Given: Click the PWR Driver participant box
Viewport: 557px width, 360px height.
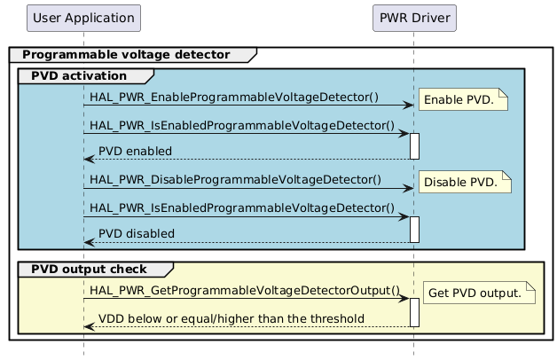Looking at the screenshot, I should pos(413,17).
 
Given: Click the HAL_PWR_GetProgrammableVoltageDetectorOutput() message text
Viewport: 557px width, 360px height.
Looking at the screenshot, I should pos(246,290).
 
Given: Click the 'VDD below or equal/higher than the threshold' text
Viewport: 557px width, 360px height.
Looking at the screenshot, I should pos(231,318).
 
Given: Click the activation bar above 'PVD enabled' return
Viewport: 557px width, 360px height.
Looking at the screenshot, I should pos(414,146).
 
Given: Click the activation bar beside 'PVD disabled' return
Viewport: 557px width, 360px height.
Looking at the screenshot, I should pos(414,229).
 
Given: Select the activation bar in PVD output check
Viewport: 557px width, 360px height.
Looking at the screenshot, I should pos(414,312).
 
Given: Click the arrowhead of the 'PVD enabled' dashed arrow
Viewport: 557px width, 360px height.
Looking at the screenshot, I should pos(88,160).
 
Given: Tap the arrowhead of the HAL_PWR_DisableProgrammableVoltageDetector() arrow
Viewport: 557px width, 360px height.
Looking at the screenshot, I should pos(409,188).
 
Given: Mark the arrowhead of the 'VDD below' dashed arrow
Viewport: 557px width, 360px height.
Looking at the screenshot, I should pos(88,326).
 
